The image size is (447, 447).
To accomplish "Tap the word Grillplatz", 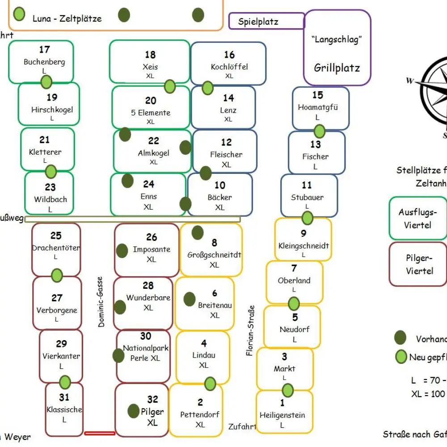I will (337, 68).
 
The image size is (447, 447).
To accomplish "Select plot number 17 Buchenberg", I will (42, 61).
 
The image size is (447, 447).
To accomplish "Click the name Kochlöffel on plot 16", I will (229, 67).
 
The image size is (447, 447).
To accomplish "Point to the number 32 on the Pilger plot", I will (153, 400).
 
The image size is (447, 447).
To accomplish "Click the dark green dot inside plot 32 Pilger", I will (134, 411).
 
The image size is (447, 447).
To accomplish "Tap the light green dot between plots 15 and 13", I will (319, 131).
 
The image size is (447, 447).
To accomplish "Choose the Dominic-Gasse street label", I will (101, 302).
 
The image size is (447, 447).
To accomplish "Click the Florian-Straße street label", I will (251, 331).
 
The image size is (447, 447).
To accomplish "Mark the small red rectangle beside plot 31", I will (100, 433).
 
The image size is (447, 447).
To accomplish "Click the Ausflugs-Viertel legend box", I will (417, 218).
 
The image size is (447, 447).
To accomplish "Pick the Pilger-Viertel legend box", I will (417, 264).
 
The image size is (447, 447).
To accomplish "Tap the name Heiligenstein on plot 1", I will (282, 415).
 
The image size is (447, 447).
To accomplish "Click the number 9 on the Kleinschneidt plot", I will (304, 233).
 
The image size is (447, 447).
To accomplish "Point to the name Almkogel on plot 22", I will (153, 153).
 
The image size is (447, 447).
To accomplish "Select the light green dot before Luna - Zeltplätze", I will (19, 14).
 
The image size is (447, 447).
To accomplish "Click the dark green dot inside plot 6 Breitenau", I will (190, 299).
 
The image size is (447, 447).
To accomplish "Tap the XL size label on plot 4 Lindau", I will (204, 365).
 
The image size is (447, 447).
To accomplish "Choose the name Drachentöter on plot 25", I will (56, 248).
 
